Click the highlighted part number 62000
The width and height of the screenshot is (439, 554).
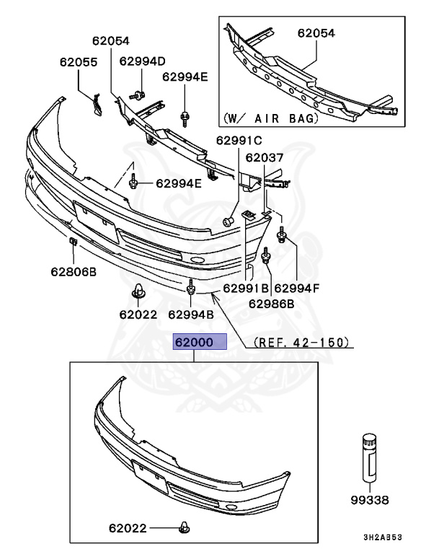pyautogui.click(x=199, y=342)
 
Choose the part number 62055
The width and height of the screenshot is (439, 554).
pyautogui.click(x=78, y=62)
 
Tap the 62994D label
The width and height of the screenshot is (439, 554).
pyautogui.click(x=142, y=61)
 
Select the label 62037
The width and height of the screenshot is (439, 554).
pyautogui.click(x=265, y=157)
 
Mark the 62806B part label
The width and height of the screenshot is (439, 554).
pyautogui.click(x=73, y=271)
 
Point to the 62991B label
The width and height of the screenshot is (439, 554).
pyautogui.click(x=245, y=288)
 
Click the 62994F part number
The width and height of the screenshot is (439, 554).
pyautogui.click(x=296, y=288)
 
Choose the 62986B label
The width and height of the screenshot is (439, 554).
pyautogui.click(x=271, y=303)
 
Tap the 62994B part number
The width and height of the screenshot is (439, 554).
pyautogui.click(x=191, y=314)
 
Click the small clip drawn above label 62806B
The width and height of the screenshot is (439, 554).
pyautogui.click(x=74, y=241)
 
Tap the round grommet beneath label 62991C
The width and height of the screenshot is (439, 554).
pyautogui.click(x=229, y=221)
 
